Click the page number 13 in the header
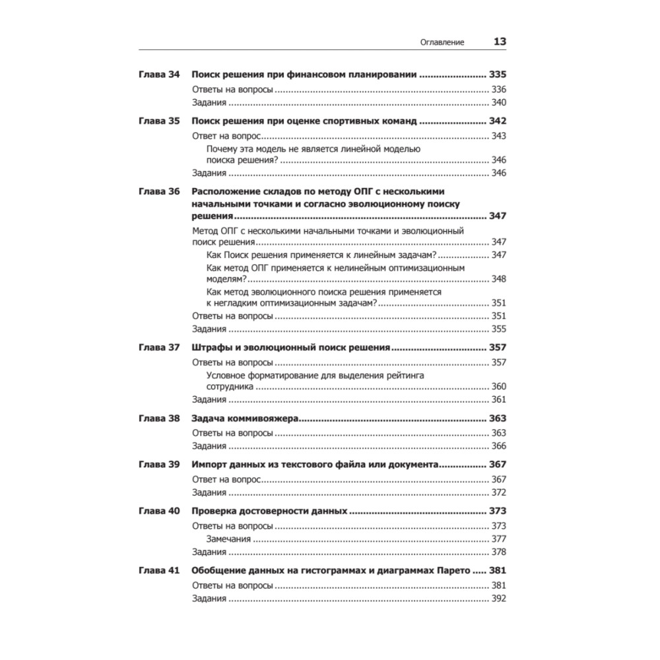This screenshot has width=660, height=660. tap(500, 42)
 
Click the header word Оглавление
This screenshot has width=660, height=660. tap(442, 42)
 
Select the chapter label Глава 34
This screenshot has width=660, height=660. tap(159, 75)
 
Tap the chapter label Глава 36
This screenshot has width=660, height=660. tap(159, 191)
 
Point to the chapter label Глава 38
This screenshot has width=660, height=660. tap(159, 418)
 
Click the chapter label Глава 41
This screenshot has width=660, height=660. tap(159, 571)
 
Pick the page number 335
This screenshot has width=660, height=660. tap(497, 75)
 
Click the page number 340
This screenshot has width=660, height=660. tap(498, 102)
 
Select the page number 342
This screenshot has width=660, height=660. tap(497, 121)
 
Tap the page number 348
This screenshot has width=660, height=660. tap(498, 279)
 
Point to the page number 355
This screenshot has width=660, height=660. tap(498, 328)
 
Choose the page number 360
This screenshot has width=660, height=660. tap(498, 386)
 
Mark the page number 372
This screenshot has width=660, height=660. tap(498, 492)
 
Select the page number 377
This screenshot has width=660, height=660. tap(498, 539)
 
